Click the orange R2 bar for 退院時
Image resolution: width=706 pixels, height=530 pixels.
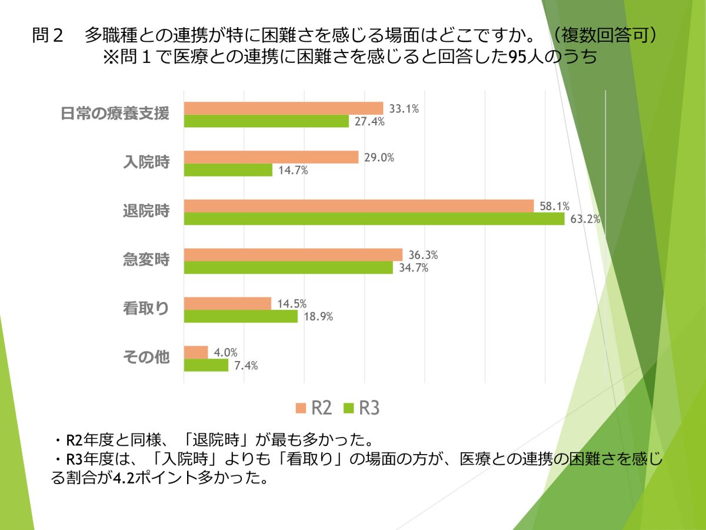(358, 206)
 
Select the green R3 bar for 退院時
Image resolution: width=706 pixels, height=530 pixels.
(374, 219)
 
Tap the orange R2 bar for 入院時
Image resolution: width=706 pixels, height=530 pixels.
(271, 157)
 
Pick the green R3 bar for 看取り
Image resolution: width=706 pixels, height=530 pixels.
(241, 317)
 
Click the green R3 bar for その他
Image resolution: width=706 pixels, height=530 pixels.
(206, 366)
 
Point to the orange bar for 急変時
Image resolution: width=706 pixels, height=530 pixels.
(293, 255)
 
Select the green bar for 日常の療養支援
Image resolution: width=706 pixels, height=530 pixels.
(267, 121)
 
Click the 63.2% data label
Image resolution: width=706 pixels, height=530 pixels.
(585, 220)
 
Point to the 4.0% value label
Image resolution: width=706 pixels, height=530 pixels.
(226, 353)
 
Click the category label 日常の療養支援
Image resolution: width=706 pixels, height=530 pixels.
(115, 114)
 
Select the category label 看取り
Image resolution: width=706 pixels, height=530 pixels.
(146, 309)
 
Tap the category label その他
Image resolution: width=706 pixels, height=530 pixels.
(146, 357)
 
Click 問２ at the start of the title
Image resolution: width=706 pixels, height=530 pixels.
(48, 35)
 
